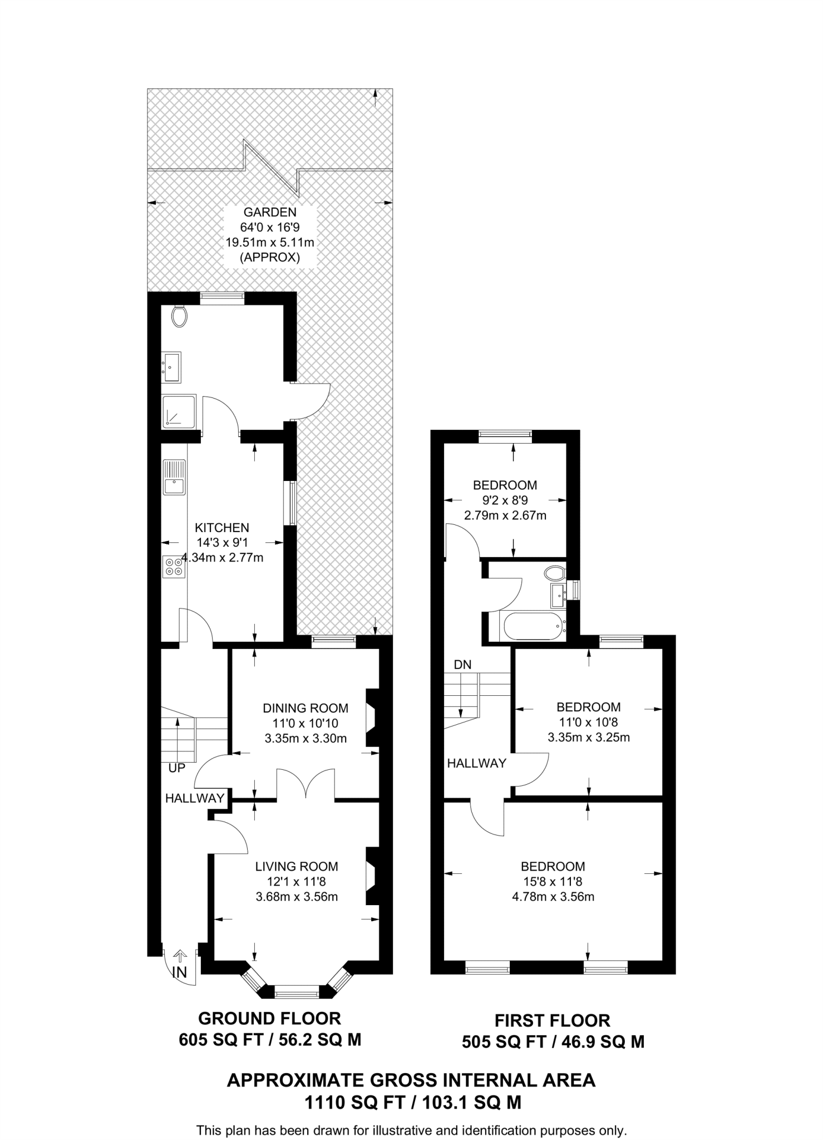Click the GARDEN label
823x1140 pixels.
click(x=270, y=212)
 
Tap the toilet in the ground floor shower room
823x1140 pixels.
click(x=179, y=317)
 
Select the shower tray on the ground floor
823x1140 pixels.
click(x=179, y=411)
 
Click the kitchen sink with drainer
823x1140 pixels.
click(x=174, y=477)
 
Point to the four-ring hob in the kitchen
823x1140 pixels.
click(x=174, y=567)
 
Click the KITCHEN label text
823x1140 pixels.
click(x=221, y=527)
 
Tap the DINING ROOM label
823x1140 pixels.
click(x=305, y=708)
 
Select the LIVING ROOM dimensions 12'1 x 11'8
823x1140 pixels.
click(x=297, y=881)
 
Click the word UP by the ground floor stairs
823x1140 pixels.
click(x=176, y=768)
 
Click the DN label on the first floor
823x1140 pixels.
click(x=462, y=664)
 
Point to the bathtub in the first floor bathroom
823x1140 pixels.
click(x=533, y=626)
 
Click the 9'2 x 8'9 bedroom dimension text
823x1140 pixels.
click(x=505, y=500)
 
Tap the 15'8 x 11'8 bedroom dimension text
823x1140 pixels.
click(x=553, y=881)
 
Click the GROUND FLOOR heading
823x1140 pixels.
click(x=269, y=1018)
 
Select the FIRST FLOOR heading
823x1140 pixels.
click(x=553, y=1020)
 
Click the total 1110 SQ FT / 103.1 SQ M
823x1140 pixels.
click(x=412, y=1102)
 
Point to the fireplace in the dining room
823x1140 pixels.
click(x=371, y=718)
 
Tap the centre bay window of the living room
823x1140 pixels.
click(x=297, y=991)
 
